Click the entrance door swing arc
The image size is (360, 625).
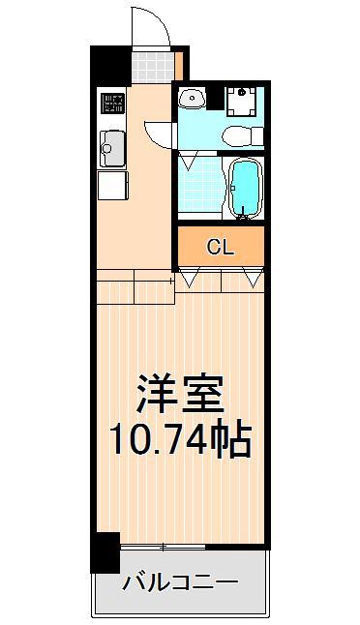point(151,23)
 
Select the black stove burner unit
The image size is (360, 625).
point(112,103)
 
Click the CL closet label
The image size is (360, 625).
point(220,247)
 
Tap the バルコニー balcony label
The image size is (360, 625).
point(180,583)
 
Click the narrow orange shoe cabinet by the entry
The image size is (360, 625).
point(181,65)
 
